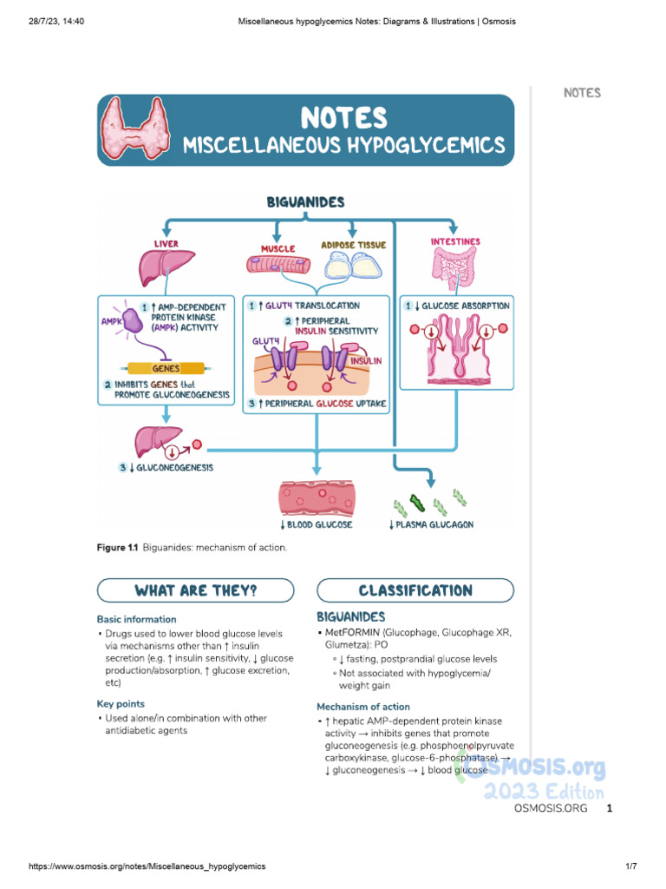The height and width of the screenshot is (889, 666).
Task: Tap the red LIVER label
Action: (166, 244)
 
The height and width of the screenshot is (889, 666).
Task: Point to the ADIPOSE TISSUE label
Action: (353, 246)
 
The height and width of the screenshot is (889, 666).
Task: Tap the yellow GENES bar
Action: (166, 369)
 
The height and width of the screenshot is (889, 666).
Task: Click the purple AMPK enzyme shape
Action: (134, 320)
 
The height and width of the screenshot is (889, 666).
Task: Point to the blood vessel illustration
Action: (316, 499)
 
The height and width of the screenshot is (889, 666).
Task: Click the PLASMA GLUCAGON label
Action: (430, 525)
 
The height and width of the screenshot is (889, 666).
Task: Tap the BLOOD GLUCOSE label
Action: (316, 525)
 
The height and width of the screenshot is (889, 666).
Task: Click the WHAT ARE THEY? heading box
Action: (195, 591)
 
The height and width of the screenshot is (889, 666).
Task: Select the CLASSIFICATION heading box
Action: (415, 591)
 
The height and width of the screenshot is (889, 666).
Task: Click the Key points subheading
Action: (121, 704)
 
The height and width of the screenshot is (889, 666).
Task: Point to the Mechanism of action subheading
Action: (363, 707)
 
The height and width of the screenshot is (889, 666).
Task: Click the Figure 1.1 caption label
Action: (117, 549)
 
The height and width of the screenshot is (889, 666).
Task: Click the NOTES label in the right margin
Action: (582, 93)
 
